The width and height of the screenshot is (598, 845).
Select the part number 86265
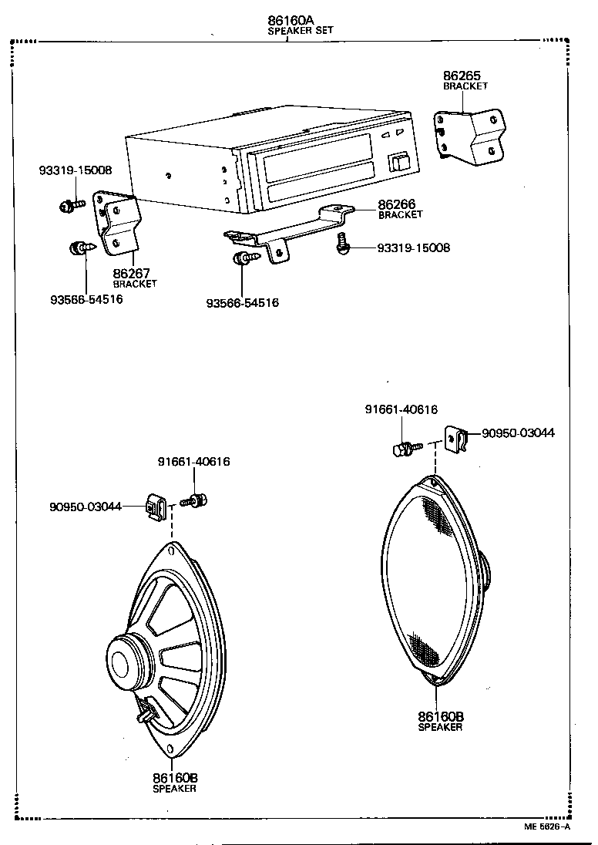click(x=462, y=76)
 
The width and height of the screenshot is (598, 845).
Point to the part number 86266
click(x=397, y=204)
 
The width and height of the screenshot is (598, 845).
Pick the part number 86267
click(x=131, y=273)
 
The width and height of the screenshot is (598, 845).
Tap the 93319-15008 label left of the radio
click(x=75, y=170)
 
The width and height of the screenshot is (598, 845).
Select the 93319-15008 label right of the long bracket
click(x=413, y=248)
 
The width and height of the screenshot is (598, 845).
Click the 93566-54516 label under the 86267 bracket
click(x=86, y=299)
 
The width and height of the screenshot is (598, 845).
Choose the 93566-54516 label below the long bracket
click(x=242, y=303)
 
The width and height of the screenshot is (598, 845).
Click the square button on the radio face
click(x=400, y=163)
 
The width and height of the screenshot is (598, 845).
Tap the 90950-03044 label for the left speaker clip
click(x=86, y=507)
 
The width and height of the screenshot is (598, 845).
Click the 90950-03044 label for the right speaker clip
click(x=518, y=433)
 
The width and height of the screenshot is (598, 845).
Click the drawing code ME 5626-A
click(x=547, y=827)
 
